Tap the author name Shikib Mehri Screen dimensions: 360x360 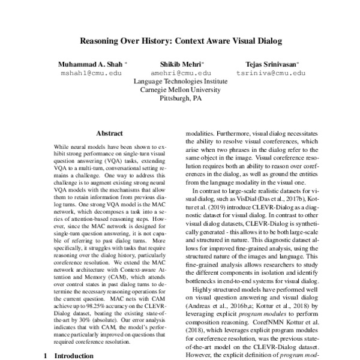tap(181, 64)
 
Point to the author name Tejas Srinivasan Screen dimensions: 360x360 tap(272, 64)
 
